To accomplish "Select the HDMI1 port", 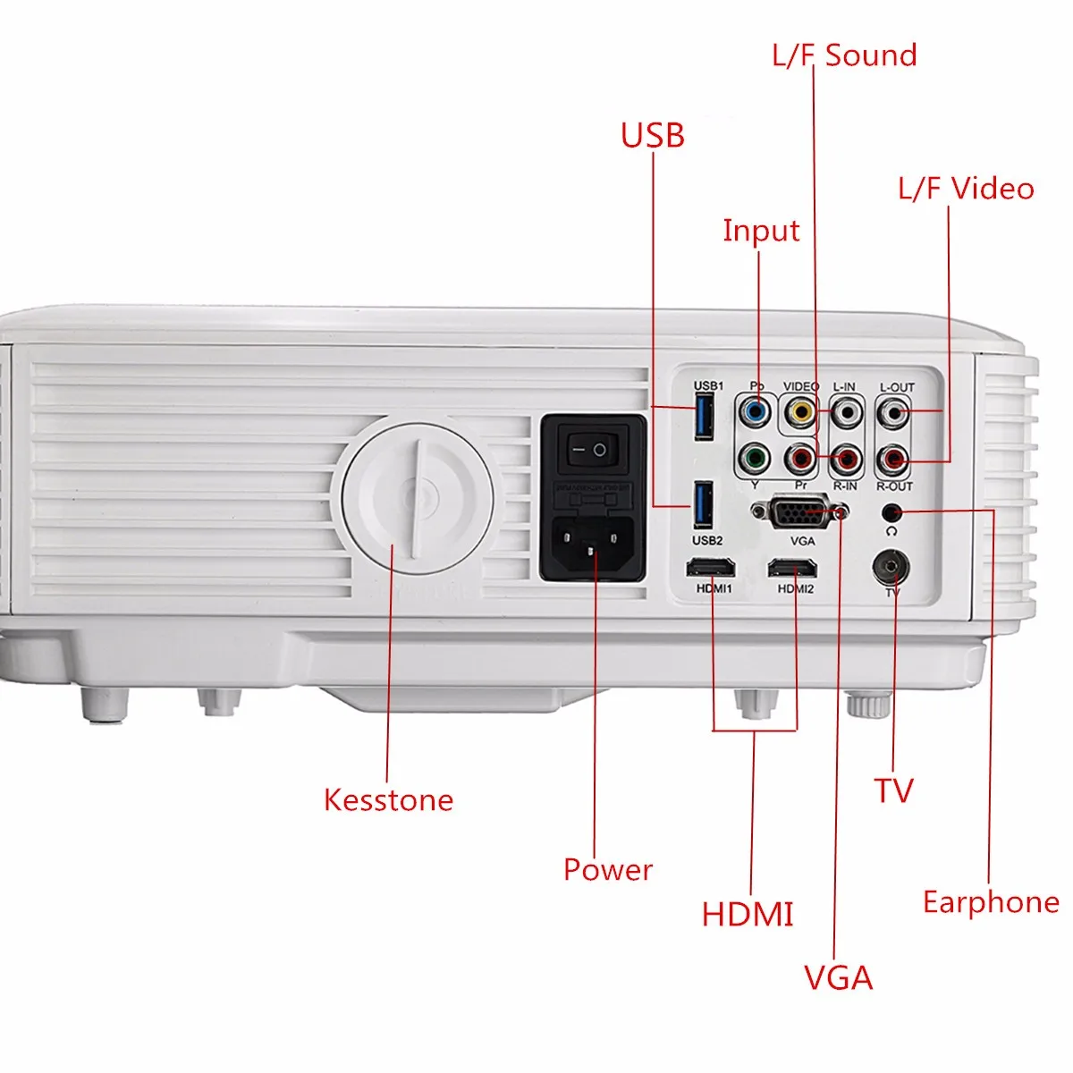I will pos(711,568).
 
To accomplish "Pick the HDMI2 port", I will pos(792,568).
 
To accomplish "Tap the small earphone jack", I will pos(891,512).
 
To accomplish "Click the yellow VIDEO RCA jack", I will pos(800,412).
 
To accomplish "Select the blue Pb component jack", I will pos(756,413).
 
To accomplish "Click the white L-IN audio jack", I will pos(845,412).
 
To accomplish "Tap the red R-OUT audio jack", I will pos(892,461).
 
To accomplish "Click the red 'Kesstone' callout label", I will pos(388,799).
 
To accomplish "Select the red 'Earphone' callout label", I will pos(991,902).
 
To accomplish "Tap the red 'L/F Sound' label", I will pos(844,55).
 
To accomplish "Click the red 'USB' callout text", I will pos(653,136).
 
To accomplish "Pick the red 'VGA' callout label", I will pos(838,978).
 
